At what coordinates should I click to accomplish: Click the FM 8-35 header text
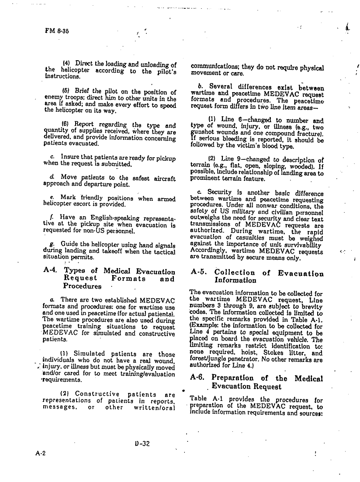point(56,31)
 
